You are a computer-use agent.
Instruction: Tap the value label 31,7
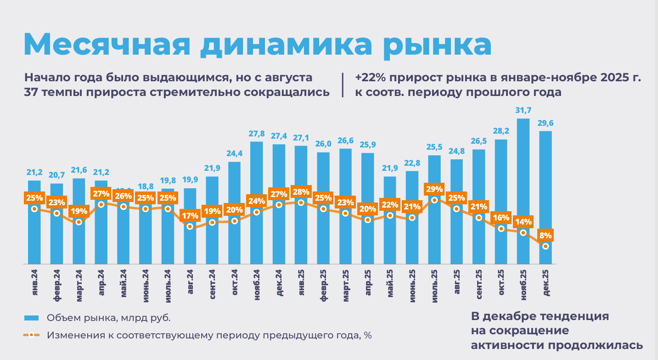pos(523,110)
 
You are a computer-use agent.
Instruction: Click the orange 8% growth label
pos(546,236)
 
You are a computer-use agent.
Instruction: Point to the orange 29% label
pos(434,189)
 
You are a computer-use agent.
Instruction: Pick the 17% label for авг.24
pos(190,215)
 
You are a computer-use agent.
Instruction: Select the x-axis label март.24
pos(79,285)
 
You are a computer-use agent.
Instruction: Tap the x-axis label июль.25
pos(435,285)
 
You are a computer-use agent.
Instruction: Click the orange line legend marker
pos(31,335)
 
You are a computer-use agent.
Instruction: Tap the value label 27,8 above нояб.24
pos(256,134)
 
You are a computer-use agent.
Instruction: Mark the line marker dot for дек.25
pos(546,247)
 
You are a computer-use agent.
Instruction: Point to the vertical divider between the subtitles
pos(343,84)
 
